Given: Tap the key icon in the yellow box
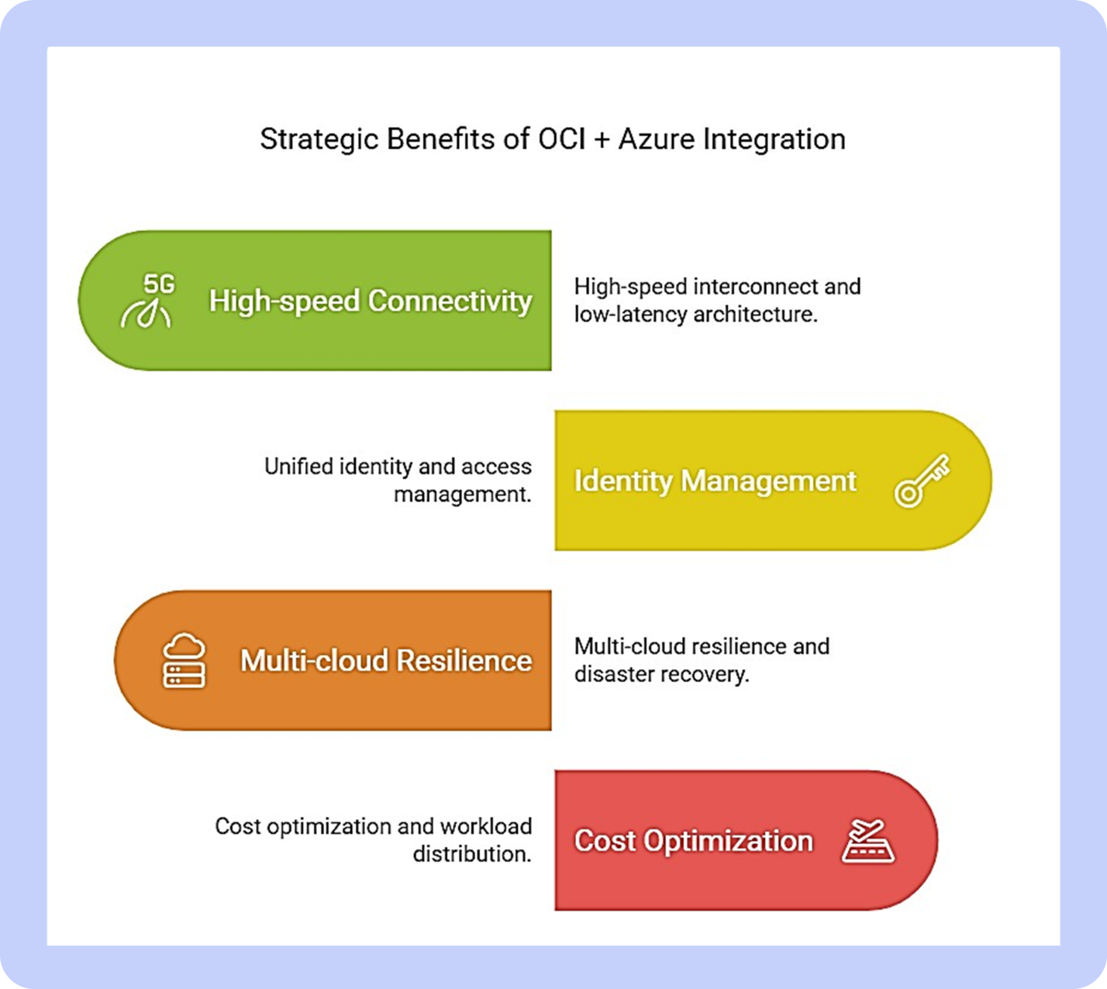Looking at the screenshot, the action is [922, 481].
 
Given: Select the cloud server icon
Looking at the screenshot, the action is [184, 660].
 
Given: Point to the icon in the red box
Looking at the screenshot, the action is [867, 841].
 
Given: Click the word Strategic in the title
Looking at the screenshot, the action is [319, 140].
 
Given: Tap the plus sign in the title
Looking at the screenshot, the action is [602, 140].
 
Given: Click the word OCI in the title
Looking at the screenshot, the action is [562, 139].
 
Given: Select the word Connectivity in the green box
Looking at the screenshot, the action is [450, 301].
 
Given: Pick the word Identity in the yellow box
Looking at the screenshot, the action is [623, 481].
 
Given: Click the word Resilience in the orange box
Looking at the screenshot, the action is [464, 660].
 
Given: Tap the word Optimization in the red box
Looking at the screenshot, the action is [728, 842].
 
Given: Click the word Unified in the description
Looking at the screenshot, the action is [299, 467].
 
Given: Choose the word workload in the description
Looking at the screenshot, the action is [486, 826].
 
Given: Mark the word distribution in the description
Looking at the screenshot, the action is [472, 854].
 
